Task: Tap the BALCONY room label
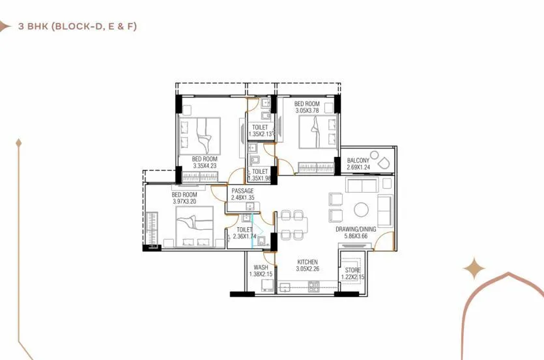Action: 358,161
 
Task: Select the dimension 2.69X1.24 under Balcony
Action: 358,167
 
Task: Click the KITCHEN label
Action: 306,262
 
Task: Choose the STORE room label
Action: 352,270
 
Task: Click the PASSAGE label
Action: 242,191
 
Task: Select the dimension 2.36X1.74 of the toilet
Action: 245,236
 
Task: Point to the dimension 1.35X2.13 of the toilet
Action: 261,134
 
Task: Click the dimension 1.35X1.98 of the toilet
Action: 260,178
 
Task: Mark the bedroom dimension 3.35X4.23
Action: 205,165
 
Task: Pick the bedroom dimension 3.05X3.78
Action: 306,111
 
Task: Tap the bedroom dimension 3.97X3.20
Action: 184,201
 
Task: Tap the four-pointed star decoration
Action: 474,268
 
